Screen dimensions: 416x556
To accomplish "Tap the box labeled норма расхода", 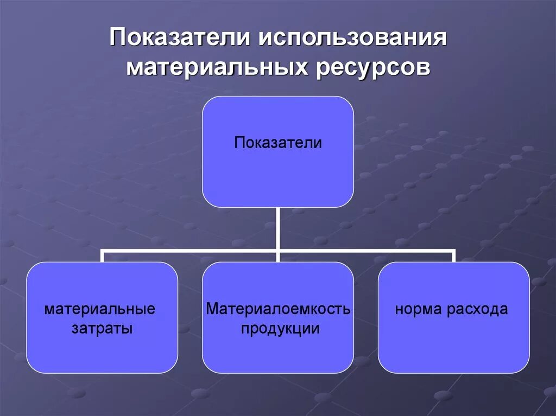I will tap(453, 342).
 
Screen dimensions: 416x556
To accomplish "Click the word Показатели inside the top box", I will tap(278, 143).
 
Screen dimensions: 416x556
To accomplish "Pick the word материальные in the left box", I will tap(100, 310).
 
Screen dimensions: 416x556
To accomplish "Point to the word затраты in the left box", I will tap(102, 328).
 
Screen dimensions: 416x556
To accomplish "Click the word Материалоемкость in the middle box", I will tap(278, 310).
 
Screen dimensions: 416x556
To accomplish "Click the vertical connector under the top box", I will tap(278, 228).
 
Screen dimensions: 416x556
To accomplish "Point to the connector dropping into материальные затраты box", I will tap(102, 257).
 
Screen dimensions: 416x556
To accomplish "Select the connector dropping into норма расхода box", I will tap(453, 257).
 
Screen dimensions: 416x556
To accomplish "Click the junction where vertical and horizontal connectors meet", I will tap(278, 251).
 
